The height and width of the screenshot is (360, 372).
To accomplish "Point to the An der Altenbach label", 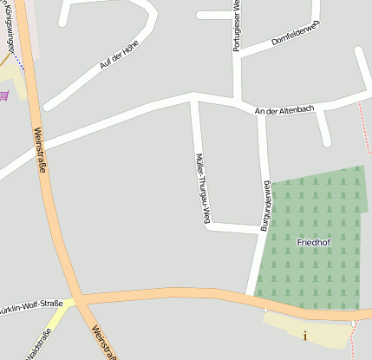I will click(x=283, y=110).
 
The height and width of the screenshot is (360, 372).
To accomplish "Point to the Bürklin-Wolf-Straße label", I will click(x=31, y=304).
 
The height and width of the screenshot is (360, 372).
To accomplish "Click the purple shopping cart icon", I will click(x=7, y=95).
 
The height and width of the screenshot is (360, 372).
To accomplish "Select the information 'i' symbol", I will click(x=304, y=335).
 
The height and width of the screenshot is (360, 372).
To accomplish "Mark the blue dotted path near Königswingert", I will click(x=17, y=62).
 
